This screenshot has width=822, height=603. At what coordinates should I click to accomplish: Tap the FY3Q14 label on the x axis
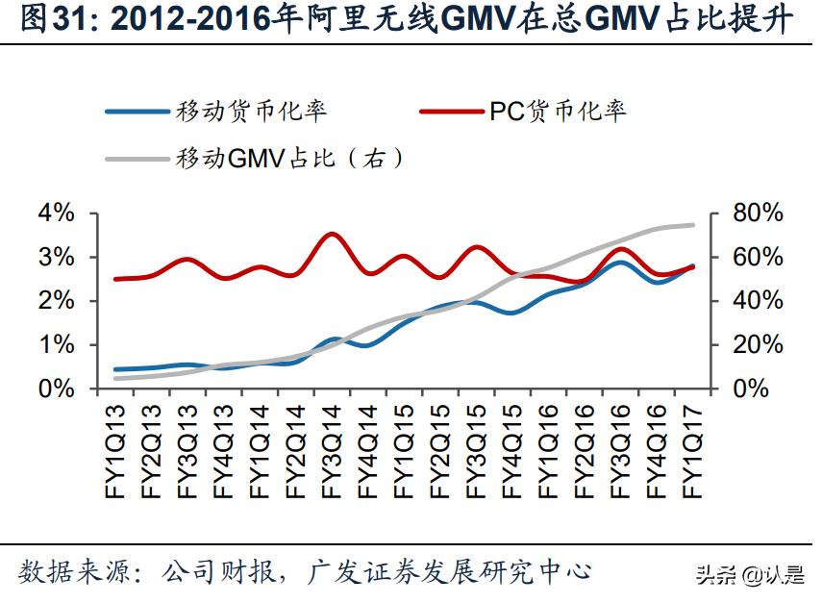click(332, 451)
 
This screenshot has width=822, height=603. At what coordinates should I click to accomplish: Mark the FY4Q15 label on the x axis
click(512, 451)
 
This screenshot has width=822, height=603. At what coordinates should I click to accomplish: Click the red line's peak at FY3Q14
click(332, 234)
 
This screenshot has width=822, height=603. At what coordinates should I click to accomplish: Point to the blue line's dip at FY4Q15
click(512, 313)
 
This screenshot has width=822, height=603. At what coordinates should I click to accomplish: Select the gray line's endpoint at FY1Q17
click(693, 225)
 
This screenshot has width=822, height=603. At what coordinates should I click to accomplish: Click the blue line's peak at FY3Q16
click(621, 262)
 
